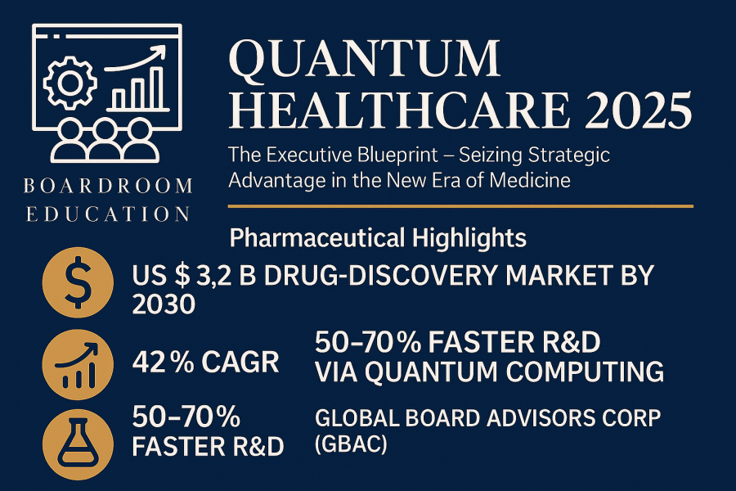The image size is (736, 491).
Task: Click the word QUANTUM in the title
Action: [364, 59]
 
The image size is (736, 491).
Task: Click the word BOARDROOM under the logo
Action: [108, 187]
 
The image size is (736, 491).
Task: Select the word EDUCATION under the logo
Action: [108, 214]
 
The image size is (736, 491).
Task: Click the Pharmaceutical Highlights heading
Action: [378, 239]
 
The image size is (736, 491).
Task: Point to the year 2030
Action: [164, 304]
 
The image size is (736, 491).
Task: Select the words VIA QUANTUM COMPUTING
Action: [489, 372]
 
